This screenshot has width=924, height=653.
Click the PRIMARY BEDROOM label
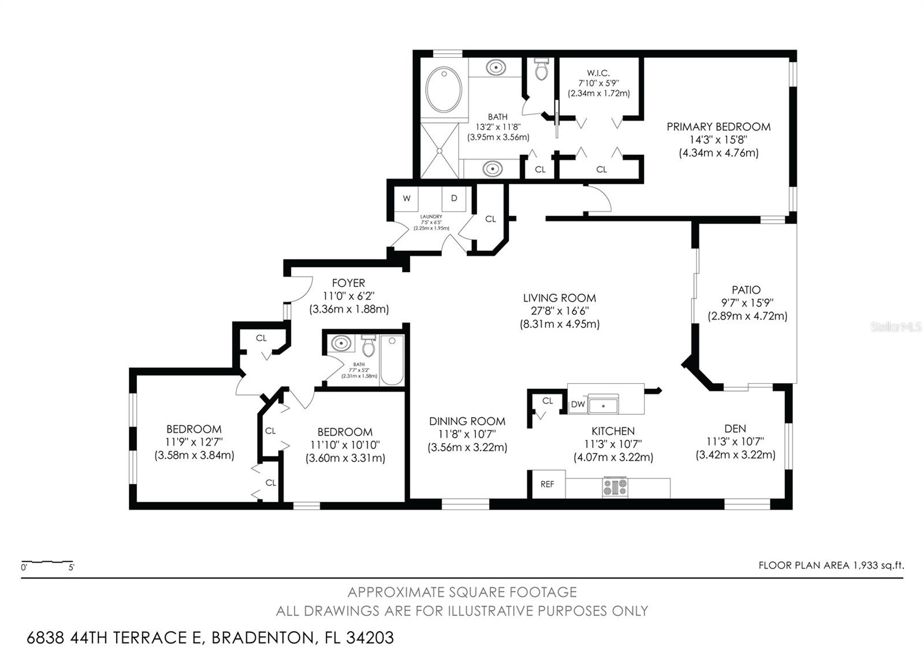point(718,127)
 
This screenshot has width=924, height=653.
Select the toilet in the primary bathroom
point(541,69)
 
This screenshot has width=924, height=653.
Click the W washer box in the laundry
point(407,198)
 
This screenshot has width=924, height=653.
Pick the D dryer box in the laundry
point(454,198)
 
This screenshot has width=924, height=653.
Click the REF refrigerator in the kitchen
point(547,484)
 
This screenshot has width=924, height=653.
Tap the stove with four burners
point(614,487)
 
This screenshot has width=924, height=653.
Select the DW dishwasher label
point(577,405)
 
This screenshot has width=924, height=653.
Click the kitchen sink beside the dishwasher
point(603,404)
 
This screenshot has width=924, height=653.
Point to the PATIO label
point(746,290)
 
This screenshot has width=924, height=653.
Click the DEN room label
point(735,428)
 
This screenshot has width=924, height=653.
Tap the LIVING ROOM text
point(559,298)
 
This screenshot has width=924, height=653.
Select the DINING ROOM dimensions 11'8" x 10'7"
point(467,434)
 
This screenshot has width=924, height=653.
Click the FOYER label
point(348,283)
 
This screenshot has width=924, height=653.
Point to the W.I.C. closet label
point(598,73)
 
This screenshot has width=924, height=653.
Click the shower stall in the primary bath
point(439,150)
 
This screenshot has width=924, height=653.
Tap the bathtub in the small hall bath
point(392,360)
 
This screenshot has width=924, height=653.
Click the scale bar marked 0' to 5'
point(47,563)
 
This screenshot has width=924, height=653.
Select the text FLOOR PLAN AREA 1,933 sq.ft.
point(831,565)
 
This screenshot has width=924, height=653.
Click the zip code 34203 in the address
point(370,638)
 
